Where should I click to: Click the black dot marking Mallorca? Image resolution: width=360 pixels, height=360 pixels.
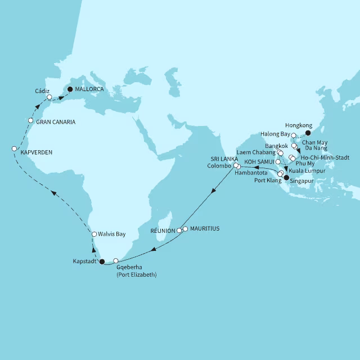pyautogui.click(x=70, y=89)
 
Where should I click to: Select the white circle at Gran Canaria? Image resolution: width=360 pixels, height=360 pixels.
pyautogui.click(x=30, y=120)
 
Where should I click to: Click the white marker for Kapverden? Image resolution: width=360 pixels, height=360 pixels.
pyautogui.click(x=14, y=148)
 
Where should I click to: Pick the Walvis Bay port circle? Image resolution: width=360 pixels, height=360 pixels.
pyautogui.click(x=94, y=234)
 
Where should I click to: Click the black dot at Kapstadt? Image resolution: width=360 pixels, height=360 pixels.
pyautogui.click(x=102, y=261)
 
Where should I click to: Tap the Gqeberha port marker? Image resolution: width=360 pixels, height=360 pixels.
pyautogui.click(x=116, y=260)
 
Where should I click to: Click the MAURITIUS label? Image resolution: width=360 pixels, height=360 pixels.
pyautogui.click(x=205, y=229)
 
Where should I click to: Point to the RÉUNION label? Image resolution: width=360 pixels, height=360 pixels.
pyautogui.click(x=163, y=231)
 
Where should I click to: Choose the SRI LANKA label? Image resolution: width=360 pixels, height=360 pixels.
pyautogui.click(x=224, y=159)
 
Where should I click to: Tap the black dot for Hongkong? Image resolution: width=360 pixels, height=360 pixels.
pyautogui.click(x=307, y=133)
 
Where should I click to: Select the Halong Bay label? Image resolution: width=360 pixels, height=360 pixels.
pyautogui.click(x=274, y=134)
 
